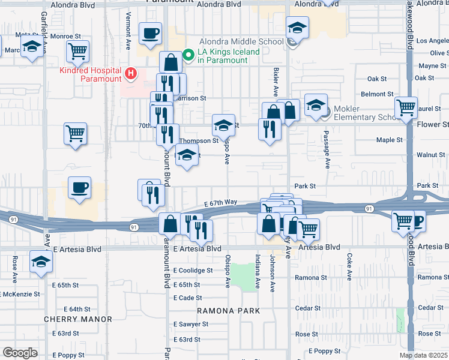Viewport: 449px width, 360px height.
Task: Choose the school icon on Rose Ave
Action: click(x=41, y=262)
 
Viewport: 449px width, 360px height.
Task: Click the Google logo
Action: click(x=20, y=353)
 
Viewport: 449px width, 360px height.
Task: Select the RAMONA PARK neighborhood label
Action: click(x=229, y=311)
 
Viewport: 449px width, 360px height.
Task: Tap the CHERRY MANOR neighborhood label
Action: click(x=78, y=319)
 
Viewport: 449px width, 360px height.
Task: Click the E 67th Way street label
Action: click(x=220, y=203)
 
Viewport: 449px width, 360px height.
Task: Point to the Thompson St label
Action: click(x=199, y=141)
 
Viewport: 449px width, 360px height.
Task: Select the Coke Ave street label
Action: click(x=349, y=263)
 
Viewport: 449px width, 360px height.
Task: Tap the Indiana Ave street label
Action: click(x=258, y=274)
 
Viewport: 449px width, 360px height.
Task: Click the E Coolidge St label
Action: click(x=193, y=270)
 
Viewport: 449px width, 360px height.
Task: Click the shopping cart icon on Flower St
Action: click(x=406, y=109)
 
